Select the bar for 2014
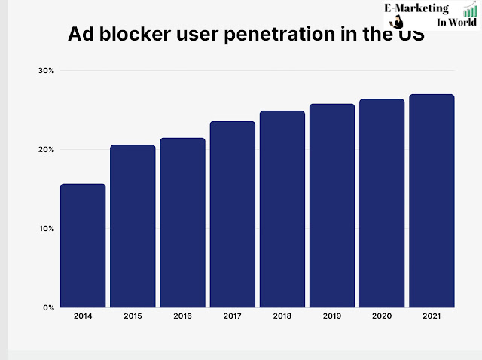click(x=83, y=246)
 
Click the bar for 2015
click(x=133, y=226)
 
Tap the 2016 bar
click(x=182, y=222)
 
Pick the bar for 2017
click(x=232, y=214)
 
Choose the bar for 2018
click(x=282, y=209)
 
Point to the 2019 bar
click(x=332, y=206)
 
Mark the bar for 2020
click(x=382, y=203)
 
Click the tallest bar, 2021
click(x=432, y=200)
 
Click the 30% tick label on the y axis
click(x=46, y=71)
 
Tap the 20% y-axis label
click(x=46, y=150)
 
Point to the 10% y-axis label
click(x=46, y=229)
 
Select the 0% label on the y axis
click(x=48, y=308)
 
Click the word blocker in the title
click(x=137, y=35)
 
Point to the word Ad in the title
click(x=80, y=35)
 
